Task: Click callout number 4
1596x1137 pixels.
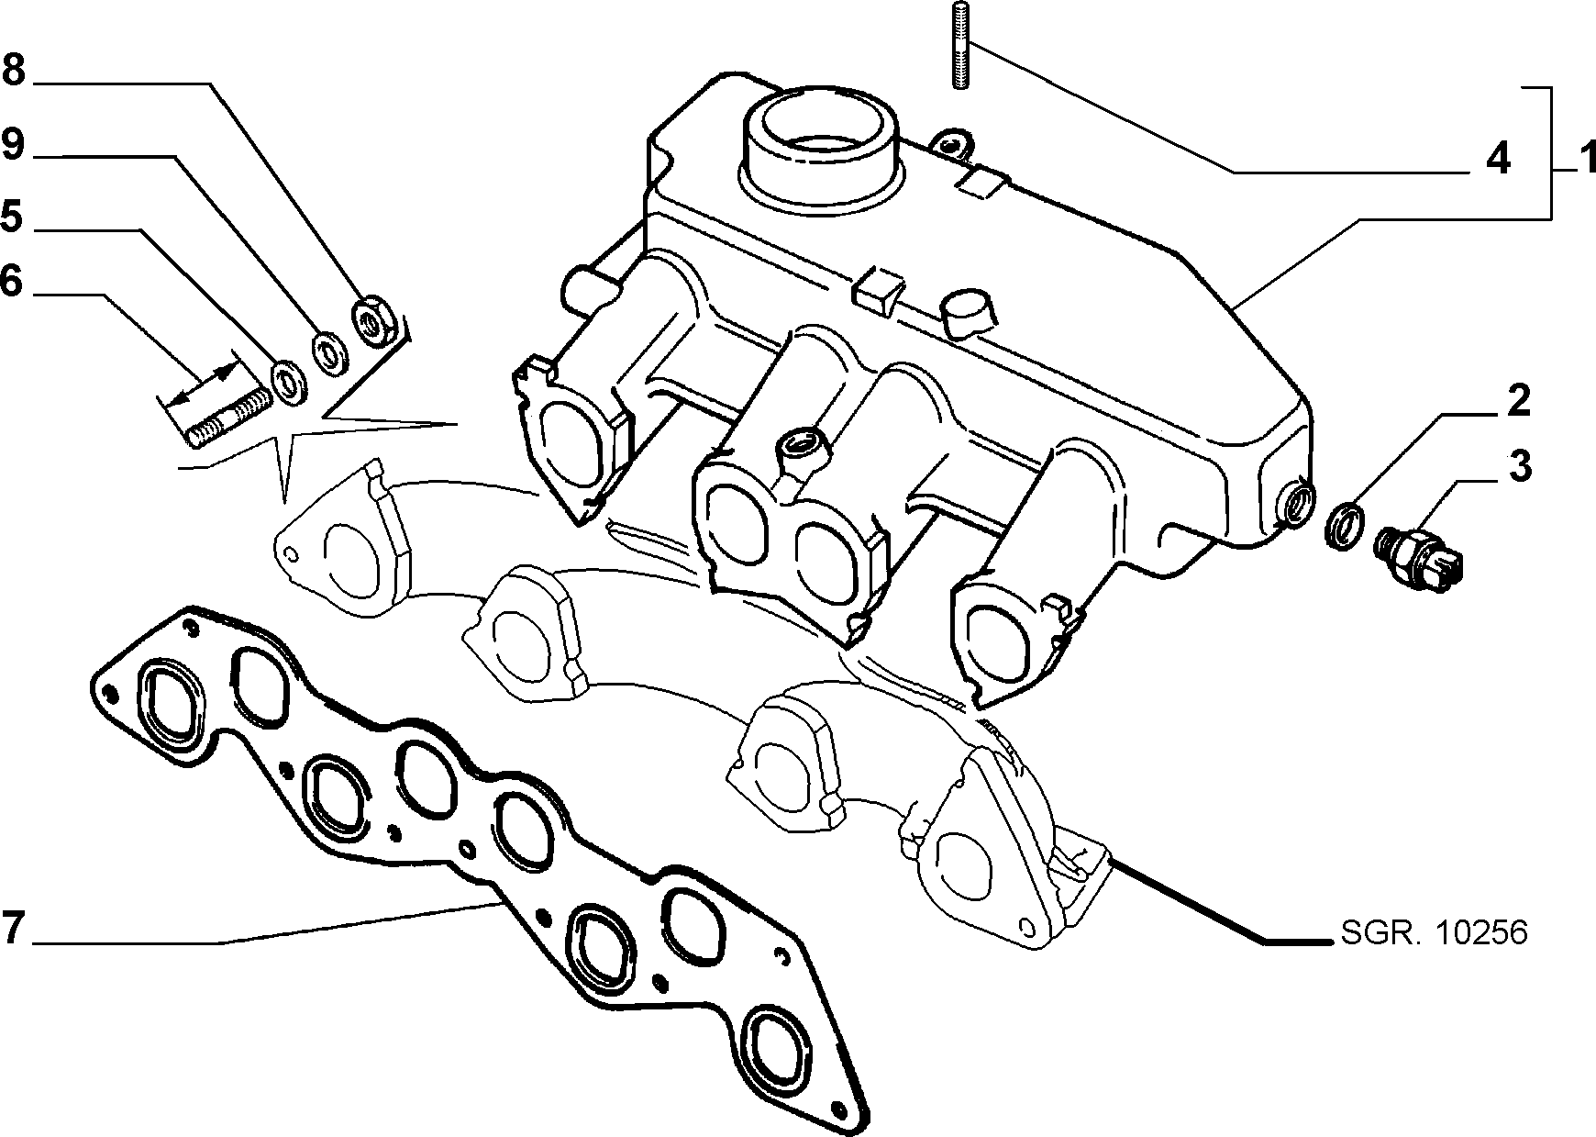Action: click(x=1497, y=160)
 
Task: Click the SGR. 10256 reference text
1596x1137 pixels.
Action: click(x=1434, y=933)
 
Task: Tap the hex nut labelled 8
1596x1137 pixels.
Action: click(x=374, y=319)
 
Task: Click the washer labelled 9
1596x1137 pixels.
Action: click(x=327, y=351)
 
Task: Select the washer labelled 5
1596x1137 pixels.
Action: click(x=290, y=382)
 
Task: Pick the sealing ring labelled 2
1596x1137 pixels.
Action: click(x=1345, y=527)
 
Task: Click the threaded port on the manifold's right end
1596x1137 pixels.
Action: click(x=1297, y=504)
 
